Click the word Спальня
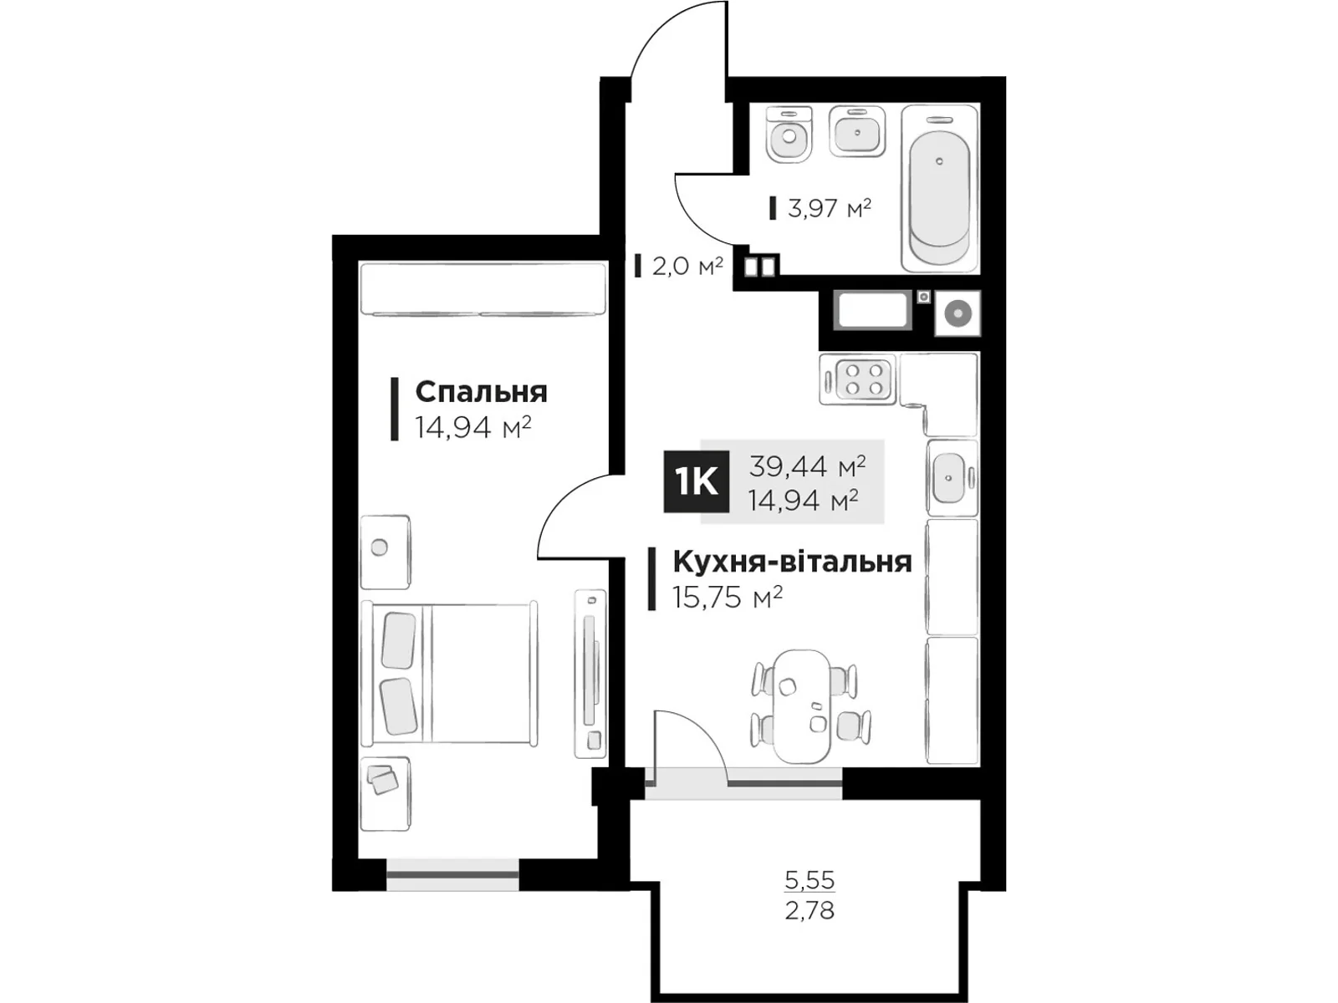[481, 392]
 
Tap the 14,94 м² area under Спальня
[473, 428]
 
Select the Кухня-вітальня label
[791, 562]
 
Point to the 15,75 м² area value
[728, 597]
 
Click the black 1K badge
[696, 481]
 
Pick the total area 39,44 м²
[806, 465]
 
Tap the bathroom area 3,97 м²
[829, 207]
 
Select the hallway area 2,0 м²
[687, 267]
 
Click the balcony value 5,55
[809, 880]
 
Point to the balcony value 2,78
[809, 909]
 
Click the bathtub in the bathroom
[940, 187]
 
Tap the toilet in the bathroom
[789, 135]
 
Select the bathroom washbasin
[857, 131]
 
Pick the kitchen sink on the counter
[951, 477]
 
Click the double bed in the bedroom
[449, 673]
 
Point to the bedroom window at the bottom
[452, 874]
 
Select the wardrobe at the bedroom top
[483, 289]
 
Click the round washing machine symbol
[957, 313]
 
